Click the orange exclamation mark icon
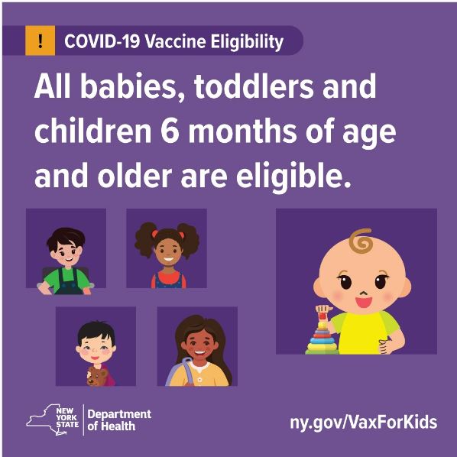coord(41,41)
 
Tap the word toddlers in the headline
coord(253,86)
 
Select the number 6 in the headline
coord(170,131)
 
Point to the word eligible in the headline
coord(293,177)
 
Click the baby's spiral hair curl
coord(361,241)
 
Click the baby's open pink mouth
coord(364,302)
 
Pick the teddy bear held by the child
coord(96,377)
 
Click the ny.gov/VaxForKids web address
coord(364,423)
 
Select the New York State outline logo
coord(53,420)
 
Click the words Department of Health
coord(119,420)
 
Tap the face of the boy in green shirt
coord(67,252)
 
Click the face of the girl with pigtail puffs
coord(167,251)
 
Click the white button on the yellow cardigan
coord(199,380)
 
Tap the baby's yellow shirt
coord(363,332)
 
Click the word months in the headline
coord(242,131)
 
